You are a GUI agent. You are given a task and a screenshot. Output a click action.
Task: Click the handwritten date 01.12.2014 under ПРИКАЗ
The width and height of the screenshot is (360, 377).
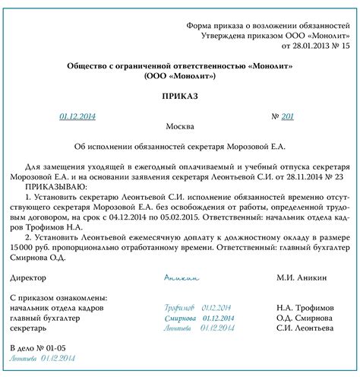coord(78,117)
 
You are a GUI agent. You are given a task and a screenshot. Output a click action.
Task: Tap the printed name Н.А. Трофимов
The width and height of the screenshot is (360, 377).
coord(305,306)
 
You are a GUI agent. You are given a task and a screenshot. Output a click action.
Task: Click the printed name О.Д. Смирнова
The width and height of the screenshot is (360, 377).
coord(305,317)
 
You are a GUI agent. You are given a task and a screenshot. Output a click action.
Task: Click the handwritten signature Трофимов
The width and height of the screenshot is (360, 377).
coord(179,306)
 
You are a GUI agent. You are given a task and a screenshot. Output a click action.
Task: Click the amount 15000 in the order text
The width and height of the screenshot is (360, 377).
coord(24,248)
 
